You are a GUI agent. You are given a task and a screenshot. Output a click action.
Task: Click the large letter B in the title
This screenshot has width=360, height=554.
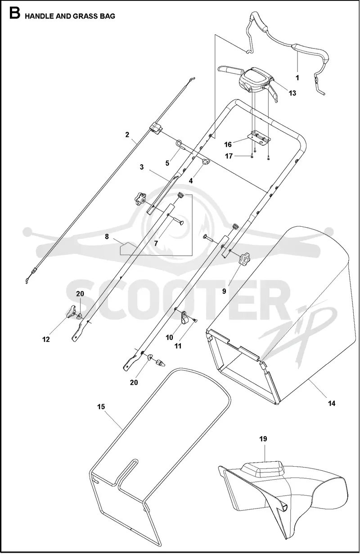tap(14, 14)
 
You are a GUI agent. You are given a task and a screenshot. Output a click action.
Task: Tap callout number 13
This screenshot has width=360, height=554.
tap(292, 93)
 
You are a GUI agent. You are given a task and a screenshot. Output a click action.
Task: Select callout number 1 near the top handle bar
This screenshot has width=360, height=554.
tap(297, 78)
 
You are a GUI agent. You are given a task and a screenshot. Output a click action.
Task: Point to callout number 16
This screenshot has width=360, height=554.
tap(228, 144)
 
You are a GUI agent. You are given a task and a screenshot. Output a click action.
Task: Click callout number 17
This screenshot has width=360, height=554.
tap(229, 156)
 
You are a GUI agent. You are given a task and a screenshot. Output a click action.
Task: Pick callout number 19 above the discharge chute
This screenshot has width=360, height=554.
tap(263, 439)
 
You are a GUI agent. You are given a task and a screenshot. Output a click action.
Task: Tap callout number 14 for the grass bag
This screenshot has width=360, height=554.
tap(332, 403)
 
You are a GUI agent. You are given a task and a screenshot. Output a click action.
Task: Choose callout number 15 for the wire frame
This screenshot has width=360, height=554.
tap(101, 406)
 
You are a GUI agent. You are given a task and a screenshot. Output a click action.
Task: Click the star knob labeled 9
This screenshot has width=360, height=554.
tap(244, 258)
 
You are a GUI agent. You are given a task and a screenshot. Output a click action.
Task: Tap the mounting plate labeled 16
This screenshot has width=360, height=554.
tap(259, 138)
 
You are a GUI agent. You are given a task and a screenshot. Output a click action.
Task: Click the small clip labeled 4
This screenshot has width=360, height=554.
tap(206, 162)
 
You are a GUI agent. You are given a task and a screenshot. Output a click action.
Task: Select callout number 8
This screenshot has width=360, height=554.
tap(107, 237)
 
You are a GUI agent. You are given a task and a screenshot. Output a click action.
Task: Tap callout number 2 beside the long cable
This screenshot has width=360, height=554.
tap(127, 135)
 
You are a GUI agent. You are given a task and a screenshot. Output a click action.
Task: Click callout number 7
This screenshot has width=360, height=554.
tap(156, 243)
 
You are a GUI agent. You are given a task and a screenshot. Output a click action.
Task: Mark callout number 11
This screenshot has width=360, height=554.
tap(178, 346)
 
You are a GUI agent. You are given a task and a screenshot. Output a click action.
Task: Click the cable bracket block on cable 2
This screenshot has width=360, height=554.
tap(156, 128)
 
